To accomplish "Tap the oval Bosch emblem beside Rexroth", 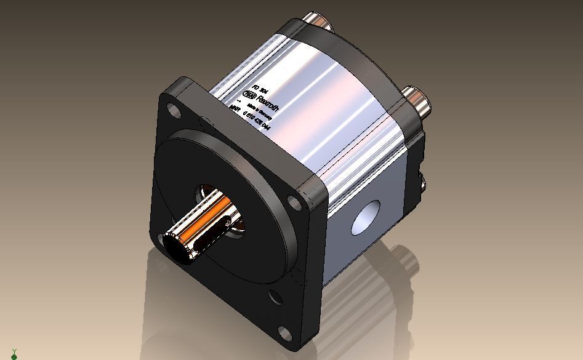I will [250, 94].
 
